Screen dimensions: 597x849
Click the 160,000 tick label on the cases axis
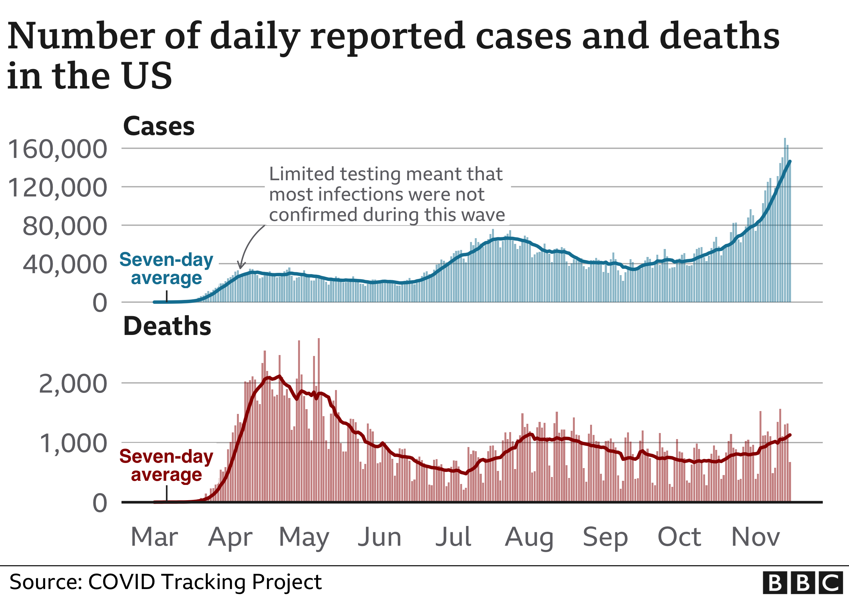[x=57, y=149]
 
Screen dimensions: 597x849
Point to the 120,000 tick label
[x=57, y=188]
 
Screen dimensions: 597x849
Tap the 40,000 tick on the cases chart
[x=65, y=264]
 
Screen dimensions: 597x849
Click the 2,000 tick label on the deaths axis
[x=73, y=384]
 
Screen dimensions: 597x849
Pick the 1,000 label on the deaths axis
[x=73, y=443]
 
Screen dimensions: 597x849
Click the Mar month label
[x=154, y=537]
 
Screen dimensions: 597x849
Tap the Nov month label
[x=755, y=537]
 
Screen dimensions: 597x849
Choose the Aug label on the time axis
[x=529, y=537]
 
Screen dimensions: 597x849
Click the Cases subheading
[x=159, y=126]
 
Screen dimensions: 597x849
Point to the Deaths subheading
[x=167, y=326]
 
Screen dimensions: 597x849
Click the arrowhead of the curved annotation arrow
[x=241, y=267]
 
